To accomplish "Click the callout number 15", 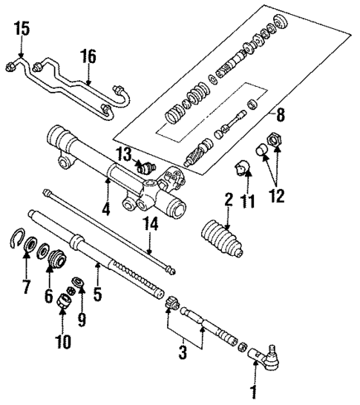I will (22, 30).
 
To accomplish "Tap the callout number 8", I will (280, 115).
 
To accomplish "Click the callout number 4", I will (107, 209).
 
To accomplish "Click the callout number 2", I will (229, 199).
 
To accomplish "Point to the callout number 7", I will (27, 286).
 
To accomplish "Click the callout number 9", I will (81, 320).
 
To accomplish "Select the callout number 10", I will (62, 342).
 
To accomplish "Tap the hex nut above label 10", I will (64, 304).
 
